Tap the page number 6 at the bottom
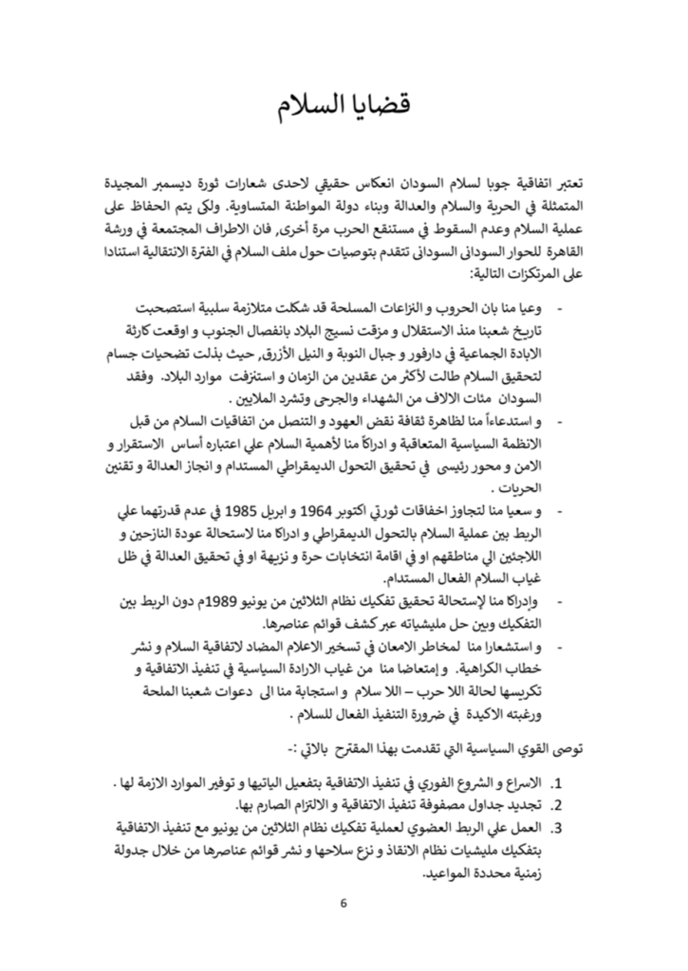[x=344, y=901]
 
